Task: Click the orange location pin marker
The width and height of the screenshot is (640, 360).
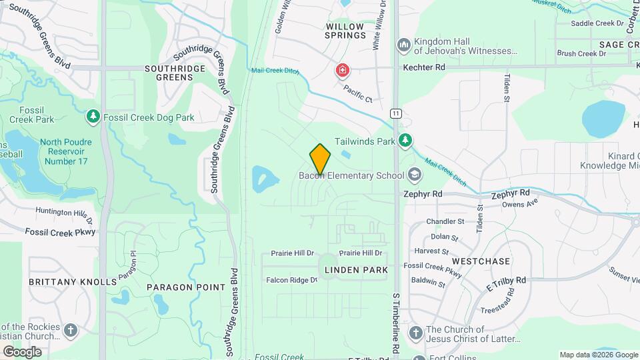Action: click(320, 159)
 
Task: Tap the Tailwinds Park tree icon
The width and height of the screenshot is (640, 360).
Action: click(405, 141)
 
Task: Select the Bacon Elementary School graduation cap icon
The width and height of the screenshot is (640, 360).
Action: click(415, 175)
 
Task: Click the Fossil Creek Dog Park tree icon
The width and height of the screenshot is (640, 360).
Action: click(93, 117)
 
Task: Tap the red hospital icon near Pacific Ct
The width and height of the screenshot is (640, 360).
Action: click(342, 69)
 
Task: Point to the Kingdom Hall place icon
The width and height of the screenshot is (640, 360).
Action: click(403, 45)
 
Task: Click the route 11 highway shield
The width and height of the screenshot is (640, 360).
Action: click(397, 114)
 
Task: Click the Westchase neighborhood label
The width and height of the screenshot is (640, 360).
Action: click(481, 261)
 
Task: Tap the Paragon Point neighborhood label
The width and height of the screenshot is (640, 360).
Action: click(186, 287)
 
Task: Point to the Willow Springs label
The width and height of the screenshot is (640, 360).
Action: click(346, 31)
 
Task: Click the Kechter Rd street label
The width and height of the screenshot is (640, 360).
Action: click(423, 67)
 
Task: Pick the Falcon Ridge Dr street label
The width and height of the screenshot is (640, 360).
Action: click(292, 280)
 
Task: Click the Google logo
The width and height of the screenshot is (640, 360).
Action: click(22, 351)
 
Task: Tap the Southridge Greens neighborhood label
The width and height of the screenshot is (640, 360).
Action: click(170, 72)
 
